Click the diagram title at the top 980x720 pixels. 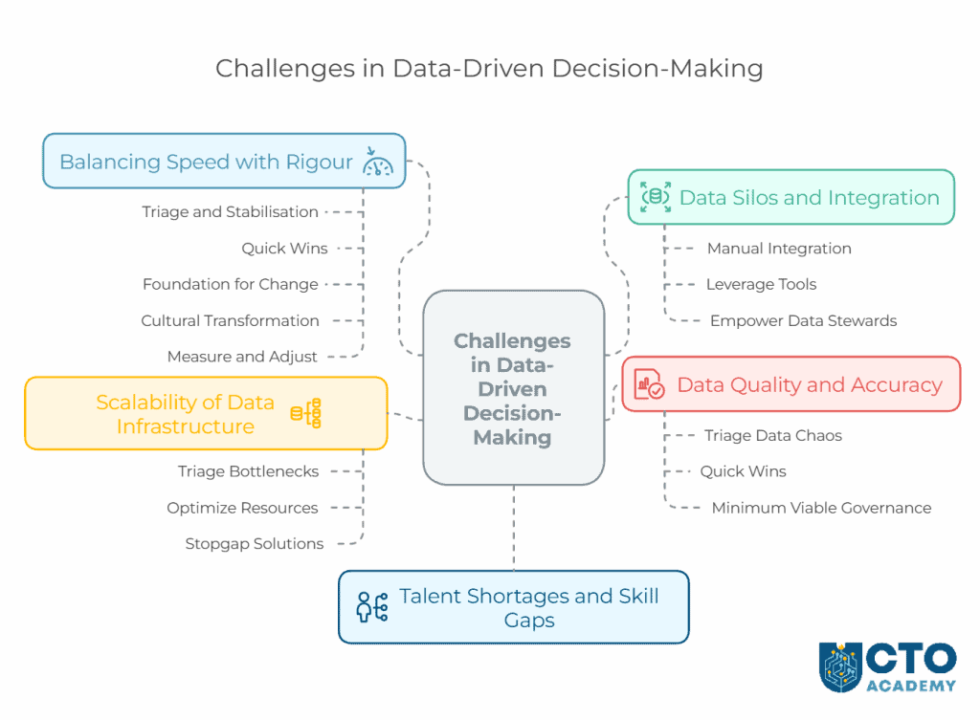pos(489,69)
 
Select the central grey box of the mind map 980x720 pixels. pos(513,388)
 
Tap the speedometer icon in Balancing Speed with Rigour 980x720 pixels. pos(378,162)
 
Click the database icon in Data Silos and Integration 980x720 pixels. pos(656,197)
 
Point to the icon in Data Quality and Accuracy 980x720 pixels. pos(649,384)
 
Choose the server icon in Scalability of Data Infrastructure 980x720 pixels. pos(306,413)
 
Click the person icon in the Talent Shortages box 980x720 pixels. pos(370,607)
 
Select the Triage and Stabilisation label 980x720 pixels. pos(230,211)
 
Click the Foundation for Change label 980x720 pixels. pos(230,284)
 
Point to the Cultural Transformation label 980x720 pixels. pos(230,320)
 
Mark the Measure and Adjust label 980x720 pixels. pos(242,357)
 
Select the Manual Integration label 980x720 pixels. pos(779,248)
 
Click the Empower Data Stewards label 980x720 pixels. pos(803,320)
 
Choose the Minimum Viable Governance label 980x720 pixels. pos(821,508)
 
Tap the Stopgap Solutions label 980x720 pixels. pos(254,544)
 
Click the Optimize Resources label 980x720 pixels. pos(242,508)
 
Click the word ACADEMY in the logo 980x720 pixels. pos(911,685)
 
